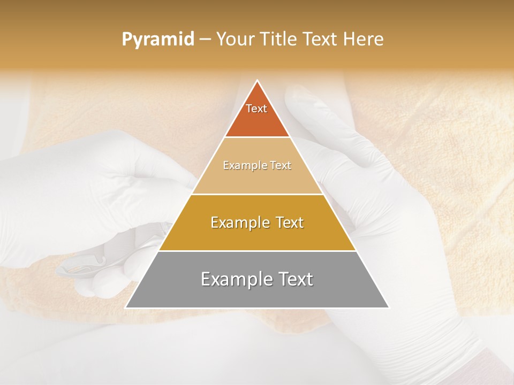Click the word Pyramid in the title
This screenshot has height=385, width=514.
pyautogui.click(x=157, y=40)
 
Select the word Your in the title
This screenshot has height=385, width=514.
pyautogui.click(x=236, y=40)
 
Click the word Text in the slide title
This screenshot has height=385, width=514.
pyautogui.click(x=321, y=40)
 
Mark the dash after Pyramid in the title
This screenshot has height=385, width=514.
pyautogui.click(x=205, y=40)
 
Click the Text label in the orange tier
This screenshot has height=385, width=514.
pyautogui.click(x=256, y=109)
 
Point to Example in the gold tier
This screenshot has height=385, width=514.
pyautogui.click(x=238, y=222)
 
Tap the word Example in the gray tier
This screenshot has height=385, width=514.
pyautogui.click(x=234, y=279)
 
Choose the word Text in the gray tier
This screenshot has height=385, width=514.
pyautogui.click(x=294, y=279)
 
